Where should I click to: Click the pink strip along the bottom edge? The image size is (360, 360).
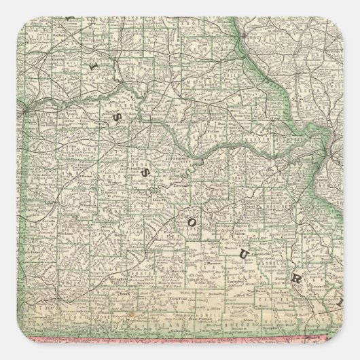point(180,344)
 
